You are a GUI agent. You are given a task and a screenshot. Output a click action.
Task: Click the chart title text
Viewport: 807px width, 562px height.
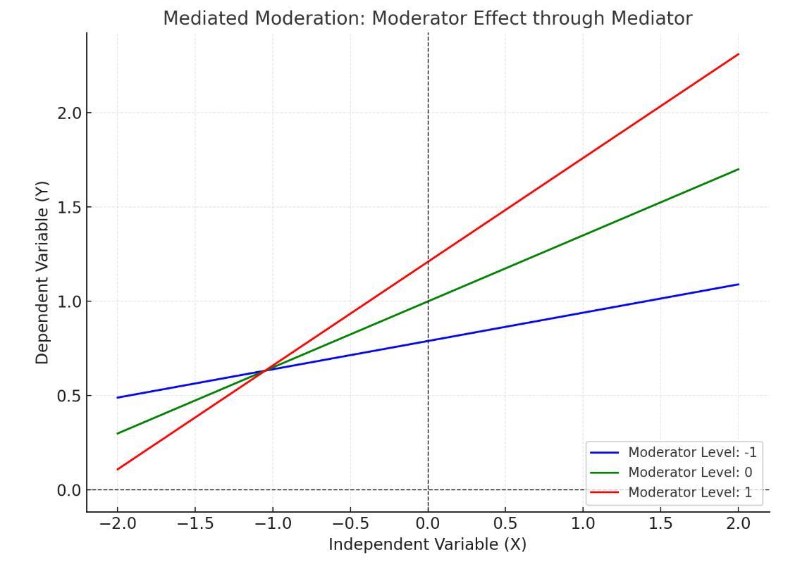point(427,18)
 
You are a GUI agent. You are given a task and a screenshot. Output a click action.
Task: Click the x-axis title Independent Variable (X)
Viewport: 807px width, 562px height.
point(427,544)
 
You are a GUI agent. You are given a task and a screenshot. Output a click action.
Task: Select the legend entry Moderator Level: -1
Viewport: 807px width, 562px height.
point(691,452)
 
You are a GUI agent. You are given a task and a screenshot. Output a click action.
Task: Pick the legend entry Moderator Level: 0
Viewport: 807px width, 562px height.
point(689,472)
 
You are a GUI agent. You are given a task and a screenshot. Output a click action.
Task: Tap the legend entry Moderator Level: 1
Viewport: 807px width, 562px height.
point(689,492)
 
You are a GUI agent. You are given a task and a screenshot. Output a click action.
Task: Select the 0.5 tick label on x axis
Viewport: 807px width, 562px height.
point(505,524)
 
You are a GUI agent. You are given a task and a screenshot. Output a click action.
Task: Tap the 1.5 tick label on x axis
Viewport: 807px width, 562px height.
point(660,524)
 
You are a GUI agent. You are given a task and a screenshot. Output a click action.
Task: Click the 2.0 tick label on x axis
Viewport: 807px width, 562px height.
point(738,524)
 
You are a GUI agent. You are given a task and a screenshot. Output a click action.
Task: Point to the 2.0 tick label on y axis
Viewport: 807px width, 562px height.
point(69,113)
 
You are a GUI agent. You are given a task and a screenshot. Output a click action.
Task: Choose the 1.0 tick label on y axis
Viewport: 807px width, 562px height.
point(69,301)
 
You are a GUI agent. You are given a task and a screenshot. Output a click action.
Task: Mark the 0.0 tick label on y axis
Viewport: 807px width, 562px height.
point(69,490)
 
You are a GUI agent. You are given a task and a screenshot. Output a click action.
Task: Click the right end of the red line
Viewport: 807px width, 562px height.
point(738,54)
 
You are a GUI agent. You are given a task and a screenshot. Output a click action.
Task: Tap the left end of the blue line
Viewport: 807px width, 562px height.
point(118,398)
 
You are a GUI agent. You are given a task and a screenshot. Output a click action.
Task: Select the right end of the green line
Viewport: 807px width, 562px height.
point(738,169)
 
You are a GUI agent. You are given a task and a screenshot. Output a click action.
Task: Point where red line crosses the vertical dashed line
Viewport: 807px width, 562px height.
point(428,262)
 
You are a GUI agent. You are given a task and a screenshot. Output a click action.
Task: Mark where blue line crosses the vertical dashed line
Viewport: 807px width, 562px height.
point(428,341)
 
